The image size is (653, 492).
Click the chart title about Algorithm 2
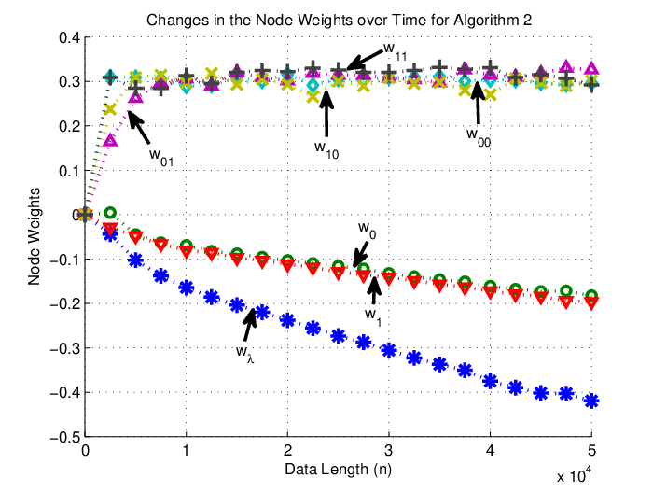[339, 20]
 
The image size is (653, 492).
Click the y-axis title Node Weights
[34, 236]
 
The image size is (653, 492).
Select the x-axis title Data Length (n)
[338, 469]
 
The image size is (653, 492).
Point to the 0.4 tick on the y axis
[69, 37]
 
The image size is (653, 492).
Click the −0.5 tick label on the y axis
[65, 437]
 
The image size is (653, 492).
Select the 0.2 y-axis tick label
[69, 126]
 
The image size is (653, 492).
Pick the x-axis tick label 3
[389, 450]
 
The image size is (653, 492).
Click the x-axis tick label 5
[591, 450]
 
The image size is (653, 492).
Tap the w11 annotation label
[395, 50]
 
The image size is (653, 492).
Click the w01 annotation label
[161, 157]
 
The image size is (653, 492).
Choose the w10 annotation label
[326, 149]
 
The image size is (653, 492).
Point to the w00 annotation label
[479, 137]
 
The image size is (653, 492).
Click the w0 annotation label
[367, 231]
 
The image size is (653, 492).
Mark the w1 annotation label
[373, 316]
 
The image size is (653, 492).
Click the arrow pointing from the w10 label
[326, 113]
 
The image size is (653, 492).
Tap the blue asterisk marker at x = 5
[591, 401]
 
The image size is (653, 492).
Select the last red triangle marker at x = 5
[591, 303]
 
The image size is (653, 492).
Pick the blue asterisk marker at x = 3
[389, 350]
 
